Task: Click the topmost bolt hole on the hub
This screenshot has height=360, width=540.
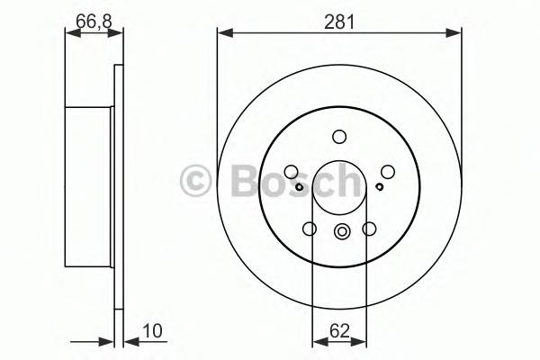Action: point(339,138)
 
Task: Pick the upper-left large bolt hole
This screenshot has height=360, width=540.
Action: point(291,172)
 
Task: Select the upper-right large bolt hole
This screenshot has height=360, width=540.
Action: point(388,172)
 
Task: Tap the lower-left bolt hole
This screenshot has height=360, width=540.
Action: point(310,229)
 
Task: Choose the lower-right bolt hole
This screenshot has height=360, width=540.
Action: point(369,229)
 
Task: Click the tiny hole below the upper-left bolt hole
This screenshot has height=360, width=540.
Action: point(298,186)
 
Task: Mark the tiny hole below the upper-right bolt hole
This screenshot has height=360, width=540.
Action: point(381,186)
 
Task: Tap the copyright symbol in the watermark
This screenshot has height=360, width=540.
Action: point(195,180)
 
